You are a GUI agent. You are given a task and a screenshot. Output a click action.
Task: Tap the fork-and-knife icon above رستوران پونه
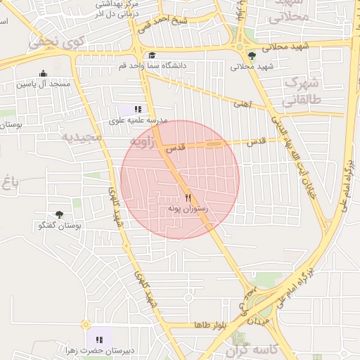tap(188, 198)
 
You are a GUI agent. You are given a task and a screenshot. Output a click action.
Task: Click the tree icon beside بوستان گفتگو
tap(59, 214)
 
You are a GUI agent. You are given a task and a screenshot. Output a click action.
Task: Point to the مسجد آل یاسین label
tap(44, 84)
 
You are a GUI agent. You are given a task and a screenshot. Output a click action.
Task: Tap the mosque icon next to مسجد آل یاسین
tap(43, 73)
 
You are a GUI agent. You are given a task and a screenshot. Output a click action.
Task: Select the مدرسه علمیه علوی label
tap(137, 120)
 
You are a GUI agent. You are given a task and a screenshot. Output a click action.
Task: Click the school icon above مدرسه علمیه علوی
tap(137, 109)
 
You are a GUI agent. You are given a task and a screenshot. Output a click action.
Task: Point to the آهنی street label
tap(242, 104)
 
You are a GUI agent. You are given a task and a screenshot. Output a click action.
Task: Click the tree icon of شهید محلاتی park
tap(252, 56)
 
